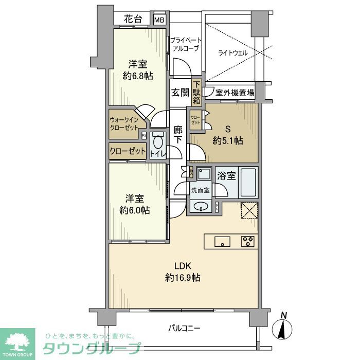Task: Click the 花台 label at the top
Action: click(133, 20)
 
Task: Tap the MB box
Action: click(160, 20)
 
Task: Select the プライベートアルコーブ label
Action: click(186, 44)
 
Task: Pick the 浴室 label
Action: click(227, 176)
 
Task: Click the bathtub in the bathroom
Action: click(248, 183)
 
